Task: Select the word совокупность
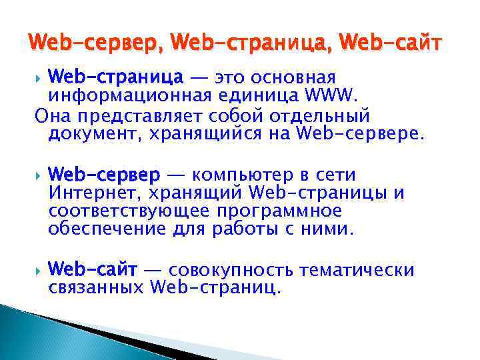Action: tap(232, 271)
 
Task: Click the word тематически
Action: tap(357, 271)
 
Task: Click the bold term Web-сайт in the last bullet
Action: tap(93, 271)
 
